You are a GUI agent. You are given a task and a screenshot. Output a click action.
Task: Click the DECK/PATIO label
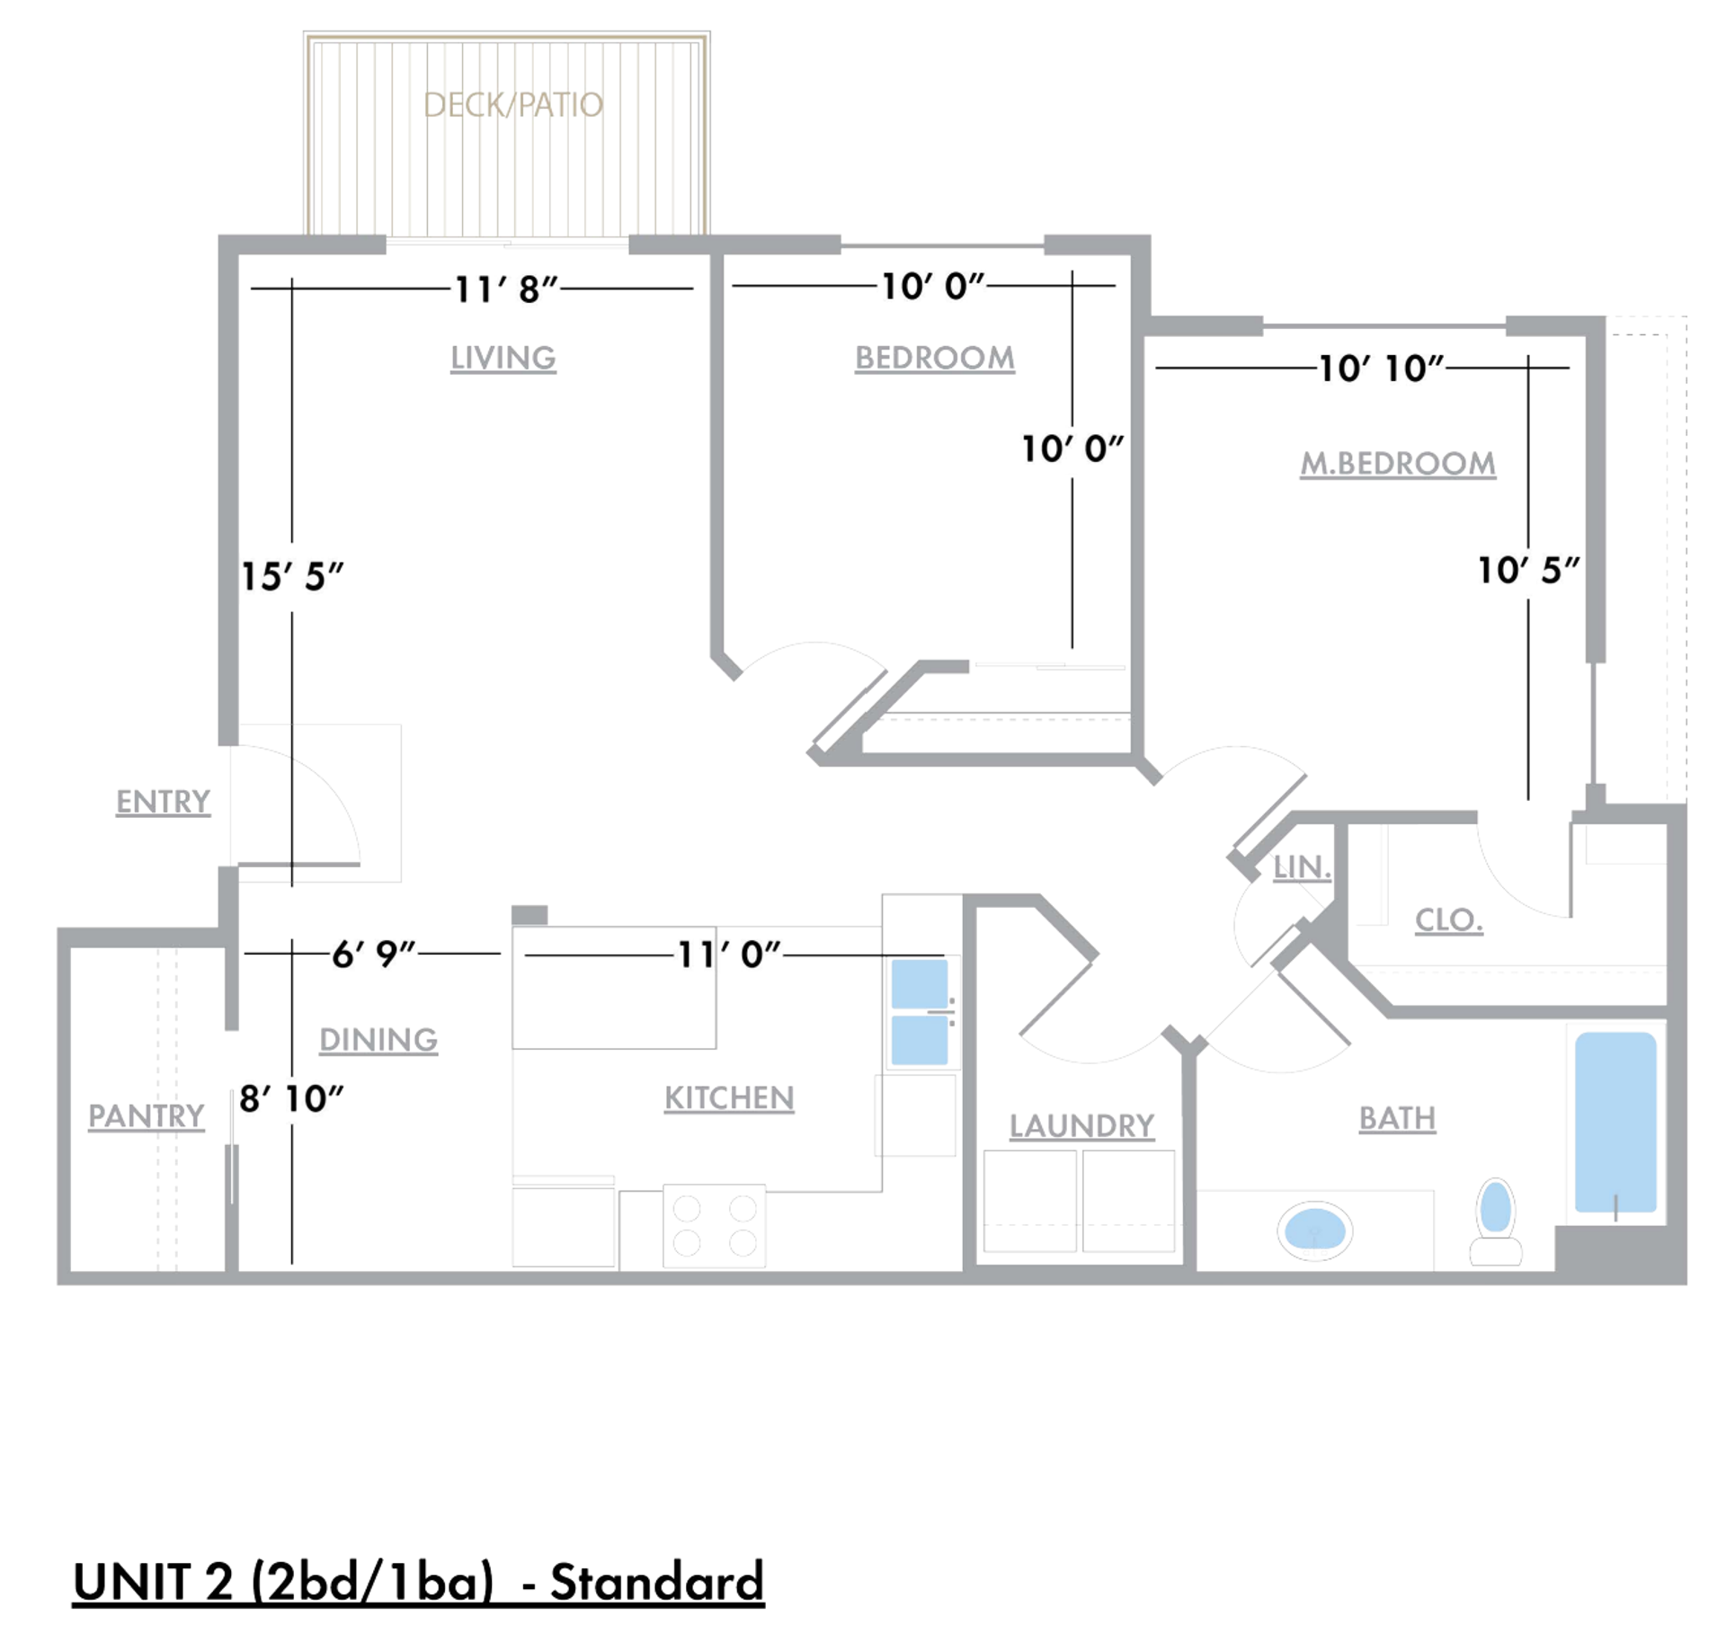[x=512, y=105]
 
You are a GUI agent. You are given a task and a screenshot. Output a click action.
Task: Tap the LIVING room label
[x=503, y=358]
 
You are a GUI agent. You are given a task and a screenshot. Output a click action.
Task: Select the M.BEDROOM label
[x=1397, y=464]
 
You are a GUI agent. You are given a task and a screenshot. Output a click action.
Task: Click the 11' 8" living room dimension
[x=505, y=289]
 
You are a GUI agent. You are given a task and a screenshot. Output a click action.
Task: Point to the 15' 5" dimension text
[x=292, y=576]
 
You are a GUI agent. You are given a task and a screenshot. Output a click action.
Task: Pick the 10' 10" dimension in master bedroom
[x=1380, y=369]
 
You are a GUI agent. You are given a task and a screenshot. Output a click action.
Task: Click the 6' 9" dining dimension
[x=373, y=954]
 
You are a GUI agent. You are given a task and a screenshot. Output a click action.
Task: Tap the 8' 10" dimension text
[x=291, y=1097]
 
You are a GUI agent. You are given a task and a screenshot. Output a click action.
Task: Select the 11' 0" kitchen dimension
[x=728, y=954]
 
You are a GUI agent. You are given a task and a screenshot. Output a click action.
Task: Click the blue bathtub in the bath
[x=1615, y=1121]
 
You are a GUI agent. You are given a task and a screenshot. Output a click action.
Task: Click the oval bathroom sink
[x=1314, y=1229]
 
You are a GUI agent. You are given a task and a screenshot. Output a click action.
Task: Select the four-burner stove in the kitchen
[x=715, y=1225]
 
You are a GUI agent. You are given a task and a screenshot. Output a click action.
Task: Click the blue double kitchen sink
[x=919, y=1011]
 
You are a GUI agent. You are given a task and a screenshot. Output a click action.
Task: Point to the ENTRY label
[x=163, y=801]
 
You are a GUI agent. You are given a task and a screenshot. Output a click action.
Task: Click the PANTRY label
[x=146, y=1115]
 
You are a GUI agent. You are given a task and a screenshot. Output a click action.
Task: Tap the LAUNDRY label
[x=1081, y=1125]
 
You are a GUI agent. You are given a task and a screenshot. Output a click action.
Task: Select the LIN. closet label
[x=1301, y=867]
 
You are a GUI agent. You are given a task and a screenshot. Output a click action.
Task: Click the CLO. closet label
[x=1448, y=919]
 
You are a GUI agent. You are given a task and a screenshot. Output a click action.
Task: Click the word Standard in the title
[x=656, y=1582]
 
